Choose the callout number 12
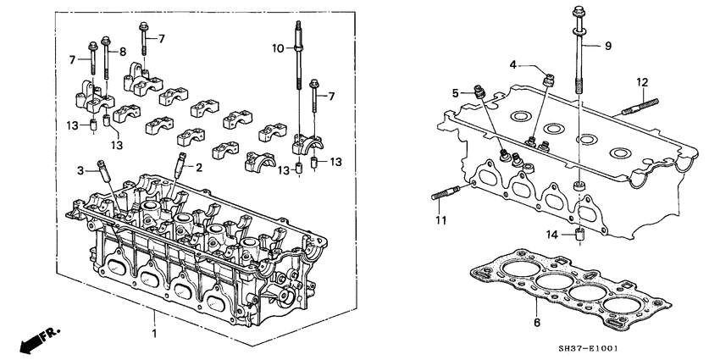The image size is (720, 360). tap(642, 81)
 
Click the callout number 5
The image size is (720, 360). tap(455, 92)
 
